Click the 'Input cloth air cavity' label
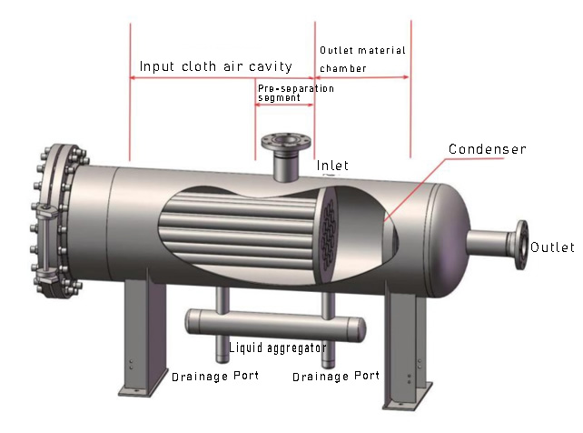tap(215, 66)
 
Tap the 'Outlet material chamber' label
tap(361, 58)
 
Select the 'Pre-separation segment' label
tap(295, 93)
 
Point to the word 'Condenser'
tap(488, 148)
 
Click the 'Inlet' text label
tap(332, 166)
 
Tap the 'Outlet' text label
tap(552, 247)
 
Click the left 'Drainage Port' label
tap(215, 375)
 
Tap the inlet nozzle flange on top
tap(283, 143)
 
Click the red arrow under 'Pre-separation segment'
tap(284, 105)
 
